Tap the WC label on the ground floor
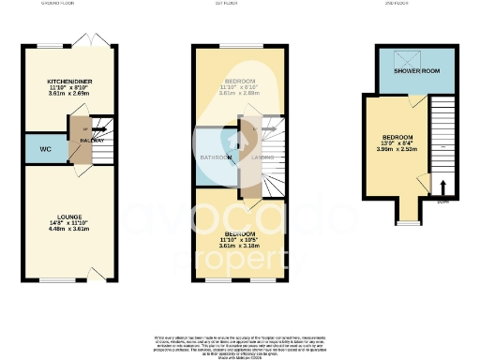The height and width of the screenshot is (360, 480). [45, 149]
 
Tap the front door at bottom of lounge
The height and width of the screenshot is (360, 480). [94, 274]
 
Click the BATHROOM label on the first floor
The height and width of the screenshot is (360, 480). [218, 157]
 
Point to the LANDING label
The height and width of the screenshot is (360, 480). [260, 157]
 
